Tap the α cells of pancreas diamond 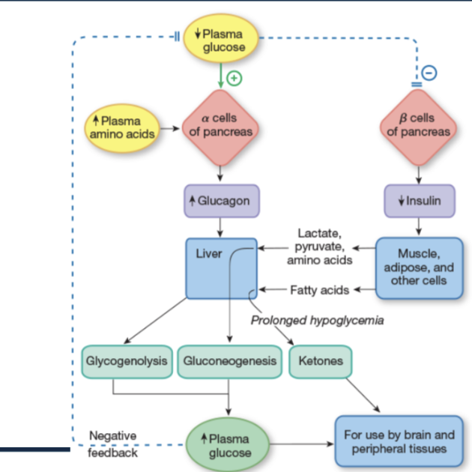[x=220, y=127]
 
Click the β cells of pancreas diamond [x=419, y=127]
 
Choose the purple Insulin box [x=419, y=202]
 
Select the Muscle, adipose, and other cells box [x=419, y=266]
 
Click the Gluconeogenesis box [x=229, y=361]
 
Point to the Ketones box [x=320, y=361]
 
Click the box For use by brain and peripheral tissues [x=399, y=441]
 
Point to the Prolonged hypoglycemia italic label [x=317, y=321]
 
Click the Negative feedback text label [x=112, y=444]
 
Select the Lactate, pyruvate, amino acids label [x=320, y=246]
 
